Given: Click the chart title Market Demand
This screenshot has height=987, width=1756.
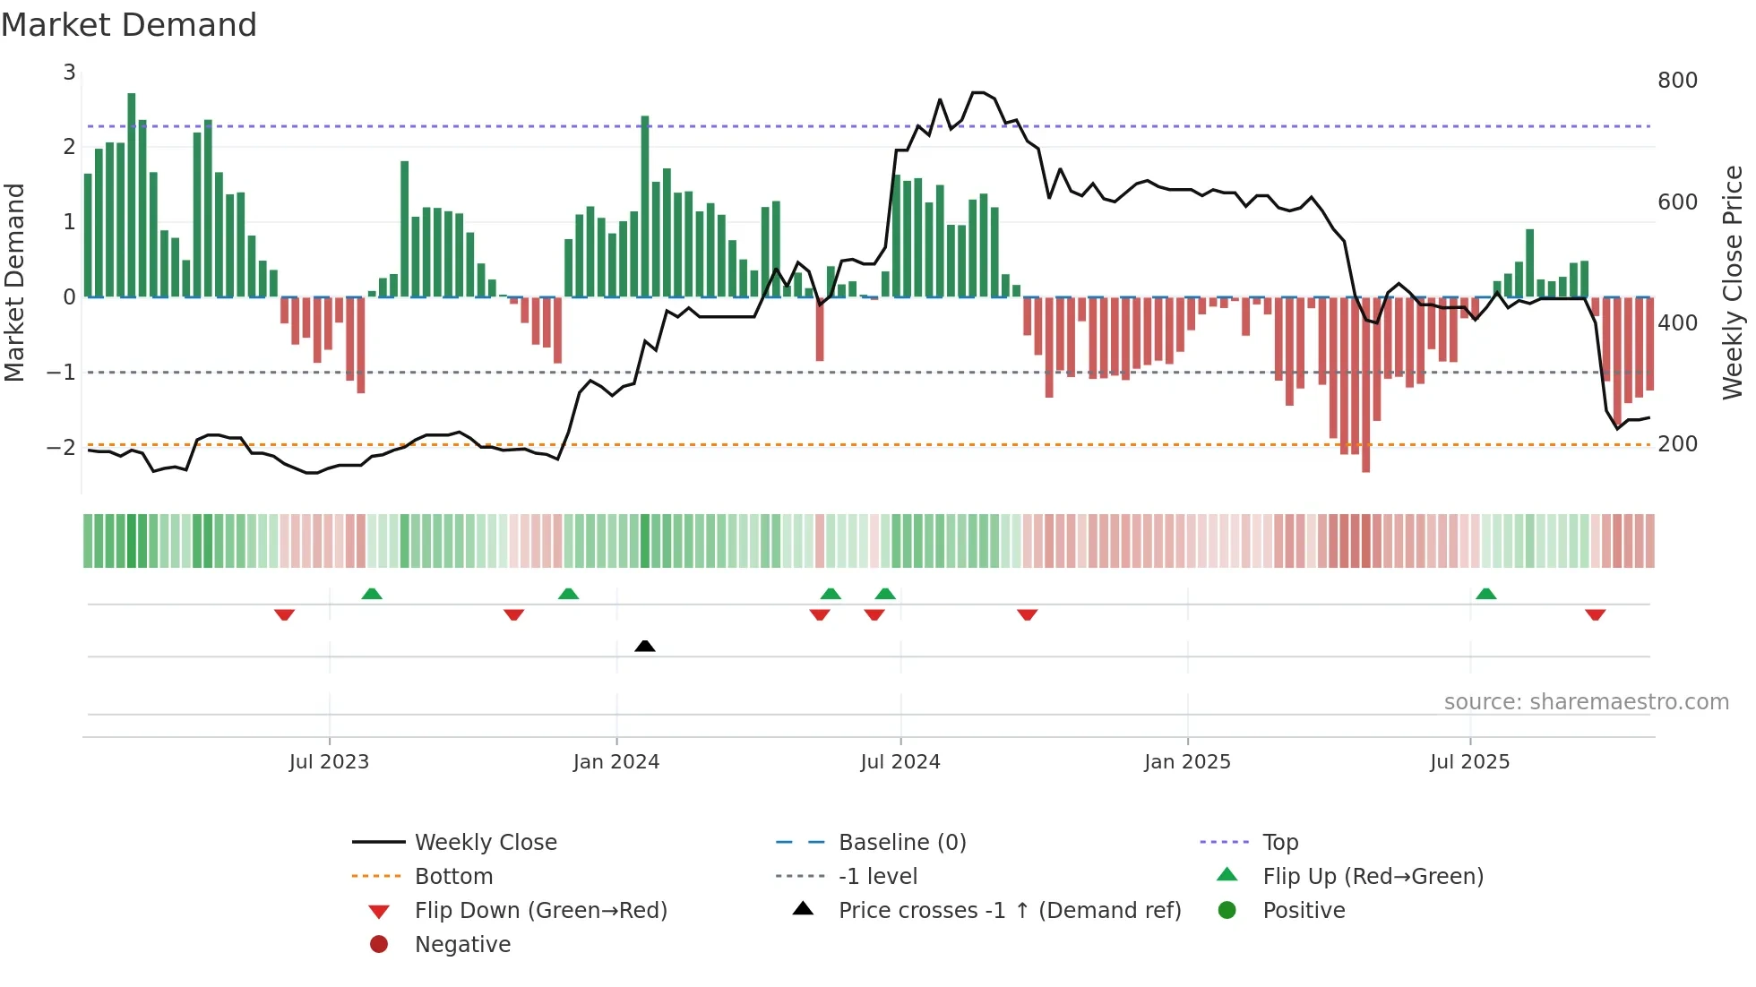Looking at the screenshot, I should (129, 25).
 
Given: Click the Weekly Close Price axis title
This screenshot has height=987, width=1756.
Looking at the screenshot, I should (1733, 282).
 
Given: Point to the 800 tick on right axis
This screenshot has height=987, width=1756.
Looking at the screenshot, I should (1677, 81).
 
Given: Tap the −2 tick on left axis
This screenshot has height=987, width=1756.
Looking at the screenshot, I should (61, 447).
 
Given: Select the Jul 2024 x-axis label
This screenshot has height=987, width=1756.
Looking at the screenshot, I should (900, 762).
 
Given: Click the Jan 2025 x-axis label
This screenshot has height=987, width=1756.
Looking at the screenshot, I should (1187, 762).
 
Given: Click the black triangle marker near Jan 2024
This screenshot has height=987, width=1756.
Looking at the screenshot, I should (644, 646).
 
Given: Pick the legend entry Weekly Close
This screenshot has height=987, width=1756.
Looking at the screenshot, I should (485, 843).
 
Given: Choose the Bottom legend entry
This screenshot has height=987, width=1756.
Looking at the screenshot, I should (453, 877).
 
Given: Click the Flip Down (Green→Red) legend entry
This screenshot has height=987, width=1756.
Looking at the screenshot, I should (540, 911).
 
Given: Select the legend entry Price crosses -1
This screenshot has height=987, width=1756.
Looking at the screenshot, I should (1009, 911).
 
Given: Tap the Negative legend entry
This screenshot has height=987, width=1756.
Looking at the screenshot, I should (462, 945).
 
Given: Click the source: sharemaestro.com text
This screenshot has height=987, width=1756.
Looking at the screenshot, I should (1586, 702).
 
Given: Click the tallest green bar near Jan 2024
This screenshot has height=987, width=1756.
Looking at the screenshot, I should (645, 206).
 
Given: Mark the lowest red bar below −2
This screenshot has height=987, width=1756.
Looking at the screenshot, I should (1365, 385).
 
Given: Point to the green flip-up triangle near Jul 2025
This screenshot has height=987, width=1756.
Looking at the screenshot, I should (1485, 594).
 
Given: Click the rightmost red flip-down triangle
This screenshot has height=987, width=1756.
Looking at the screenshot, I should (1595, 615).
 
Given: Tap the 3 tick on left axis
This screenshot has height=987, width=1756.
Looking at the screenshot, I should (69, 73).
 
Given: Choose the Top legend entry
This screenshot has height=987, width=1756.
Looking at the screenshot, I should (1279, 843).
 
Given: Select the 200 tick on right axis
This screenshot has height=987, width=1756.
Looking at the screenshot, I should (1677, 444).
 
